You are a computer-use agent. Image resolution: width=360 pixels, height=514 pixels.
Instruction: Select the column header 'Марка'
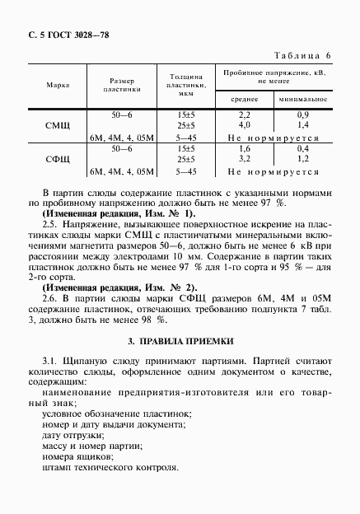(x=58, y=84)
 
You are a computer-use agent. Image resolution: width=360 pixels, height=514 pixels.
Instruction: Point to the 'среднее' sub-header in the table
(x=244, y=99)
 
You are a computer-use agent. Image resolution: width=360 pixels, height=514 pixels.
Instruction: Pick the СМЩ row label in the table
(x=58, y=125)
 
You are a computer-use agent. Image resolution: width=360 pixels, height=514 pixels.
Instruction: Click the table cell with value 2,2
(x=244, y=114)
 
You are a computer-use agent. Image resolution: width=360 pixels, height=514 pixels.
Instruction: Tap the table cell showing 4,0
(x=244, y=124)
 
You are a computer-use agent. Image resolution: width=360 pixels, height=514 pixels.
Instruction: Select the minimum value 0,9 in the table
(x=302, y=114)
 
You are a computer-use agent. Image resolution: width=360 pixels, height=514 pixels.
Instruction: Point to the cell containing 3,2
(x=244, y=158)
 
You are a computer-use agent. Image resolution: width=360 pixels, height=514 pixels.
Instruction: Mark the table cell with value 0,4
(x=302, y=147)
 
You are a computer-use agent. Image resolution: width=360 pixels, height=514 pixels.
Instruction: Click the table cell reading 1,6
(x=244, y=147)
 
